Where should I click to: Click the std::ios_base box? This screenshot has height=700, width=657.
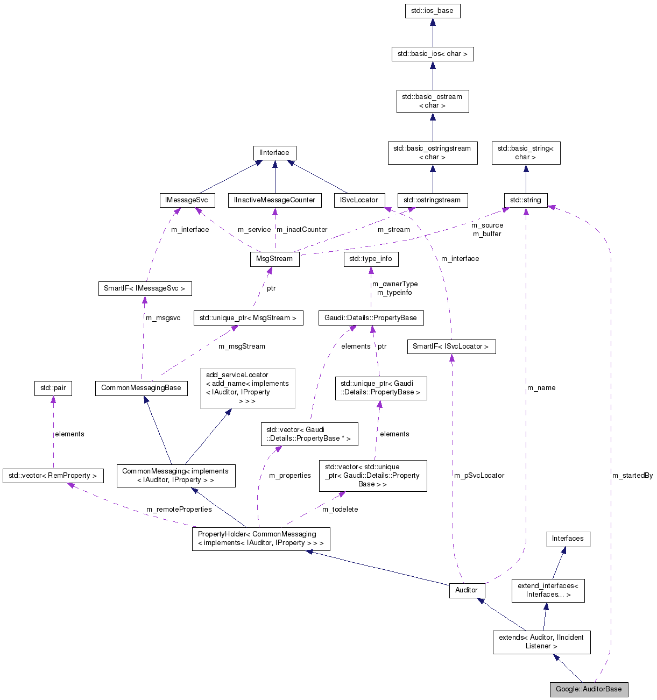pos(432,11)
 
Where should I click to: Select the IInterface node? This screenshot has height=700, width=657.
pos(274,153)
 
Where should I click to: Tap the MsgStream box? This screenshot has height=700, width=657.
pos(274,259)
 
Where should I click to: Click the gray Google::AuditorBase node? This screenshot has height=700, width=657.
pos(589,689)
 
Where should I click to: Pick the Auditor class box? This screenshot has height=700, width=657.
pos(467,590)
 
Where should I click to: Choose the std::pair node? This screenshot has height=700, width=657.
pos(53,388)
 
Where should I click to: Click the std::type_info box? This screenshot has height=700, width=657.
pos(371,259)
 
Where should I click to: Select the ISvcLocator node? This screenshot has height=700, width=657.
pos(359,200)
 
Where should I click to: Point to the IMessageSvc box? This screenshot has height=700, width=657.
pos(187,200)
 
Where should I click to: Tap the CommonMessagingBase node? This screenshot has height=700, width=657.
pos(141,388)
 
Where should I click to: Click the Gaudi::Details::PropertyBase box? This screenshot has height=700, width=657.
pos(371,318)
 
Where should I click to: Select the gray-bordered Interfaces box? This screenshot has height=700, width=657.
pos(568,539)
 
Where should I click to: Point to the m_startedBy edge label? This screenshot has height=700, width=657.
pos(632,476)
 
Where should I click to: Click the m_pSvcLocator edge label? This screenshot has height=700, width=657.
pos(479,476)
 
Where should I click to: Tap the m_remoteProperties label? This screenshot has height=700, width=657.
pos(179,510)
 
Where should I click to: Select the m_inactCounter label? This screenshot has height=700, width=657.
pos(302,230)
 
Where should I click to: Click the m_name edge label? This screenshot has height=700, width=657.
pos(541,388)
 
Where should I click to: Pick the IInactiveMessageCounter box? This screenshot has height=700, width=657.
pos(274,200)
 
